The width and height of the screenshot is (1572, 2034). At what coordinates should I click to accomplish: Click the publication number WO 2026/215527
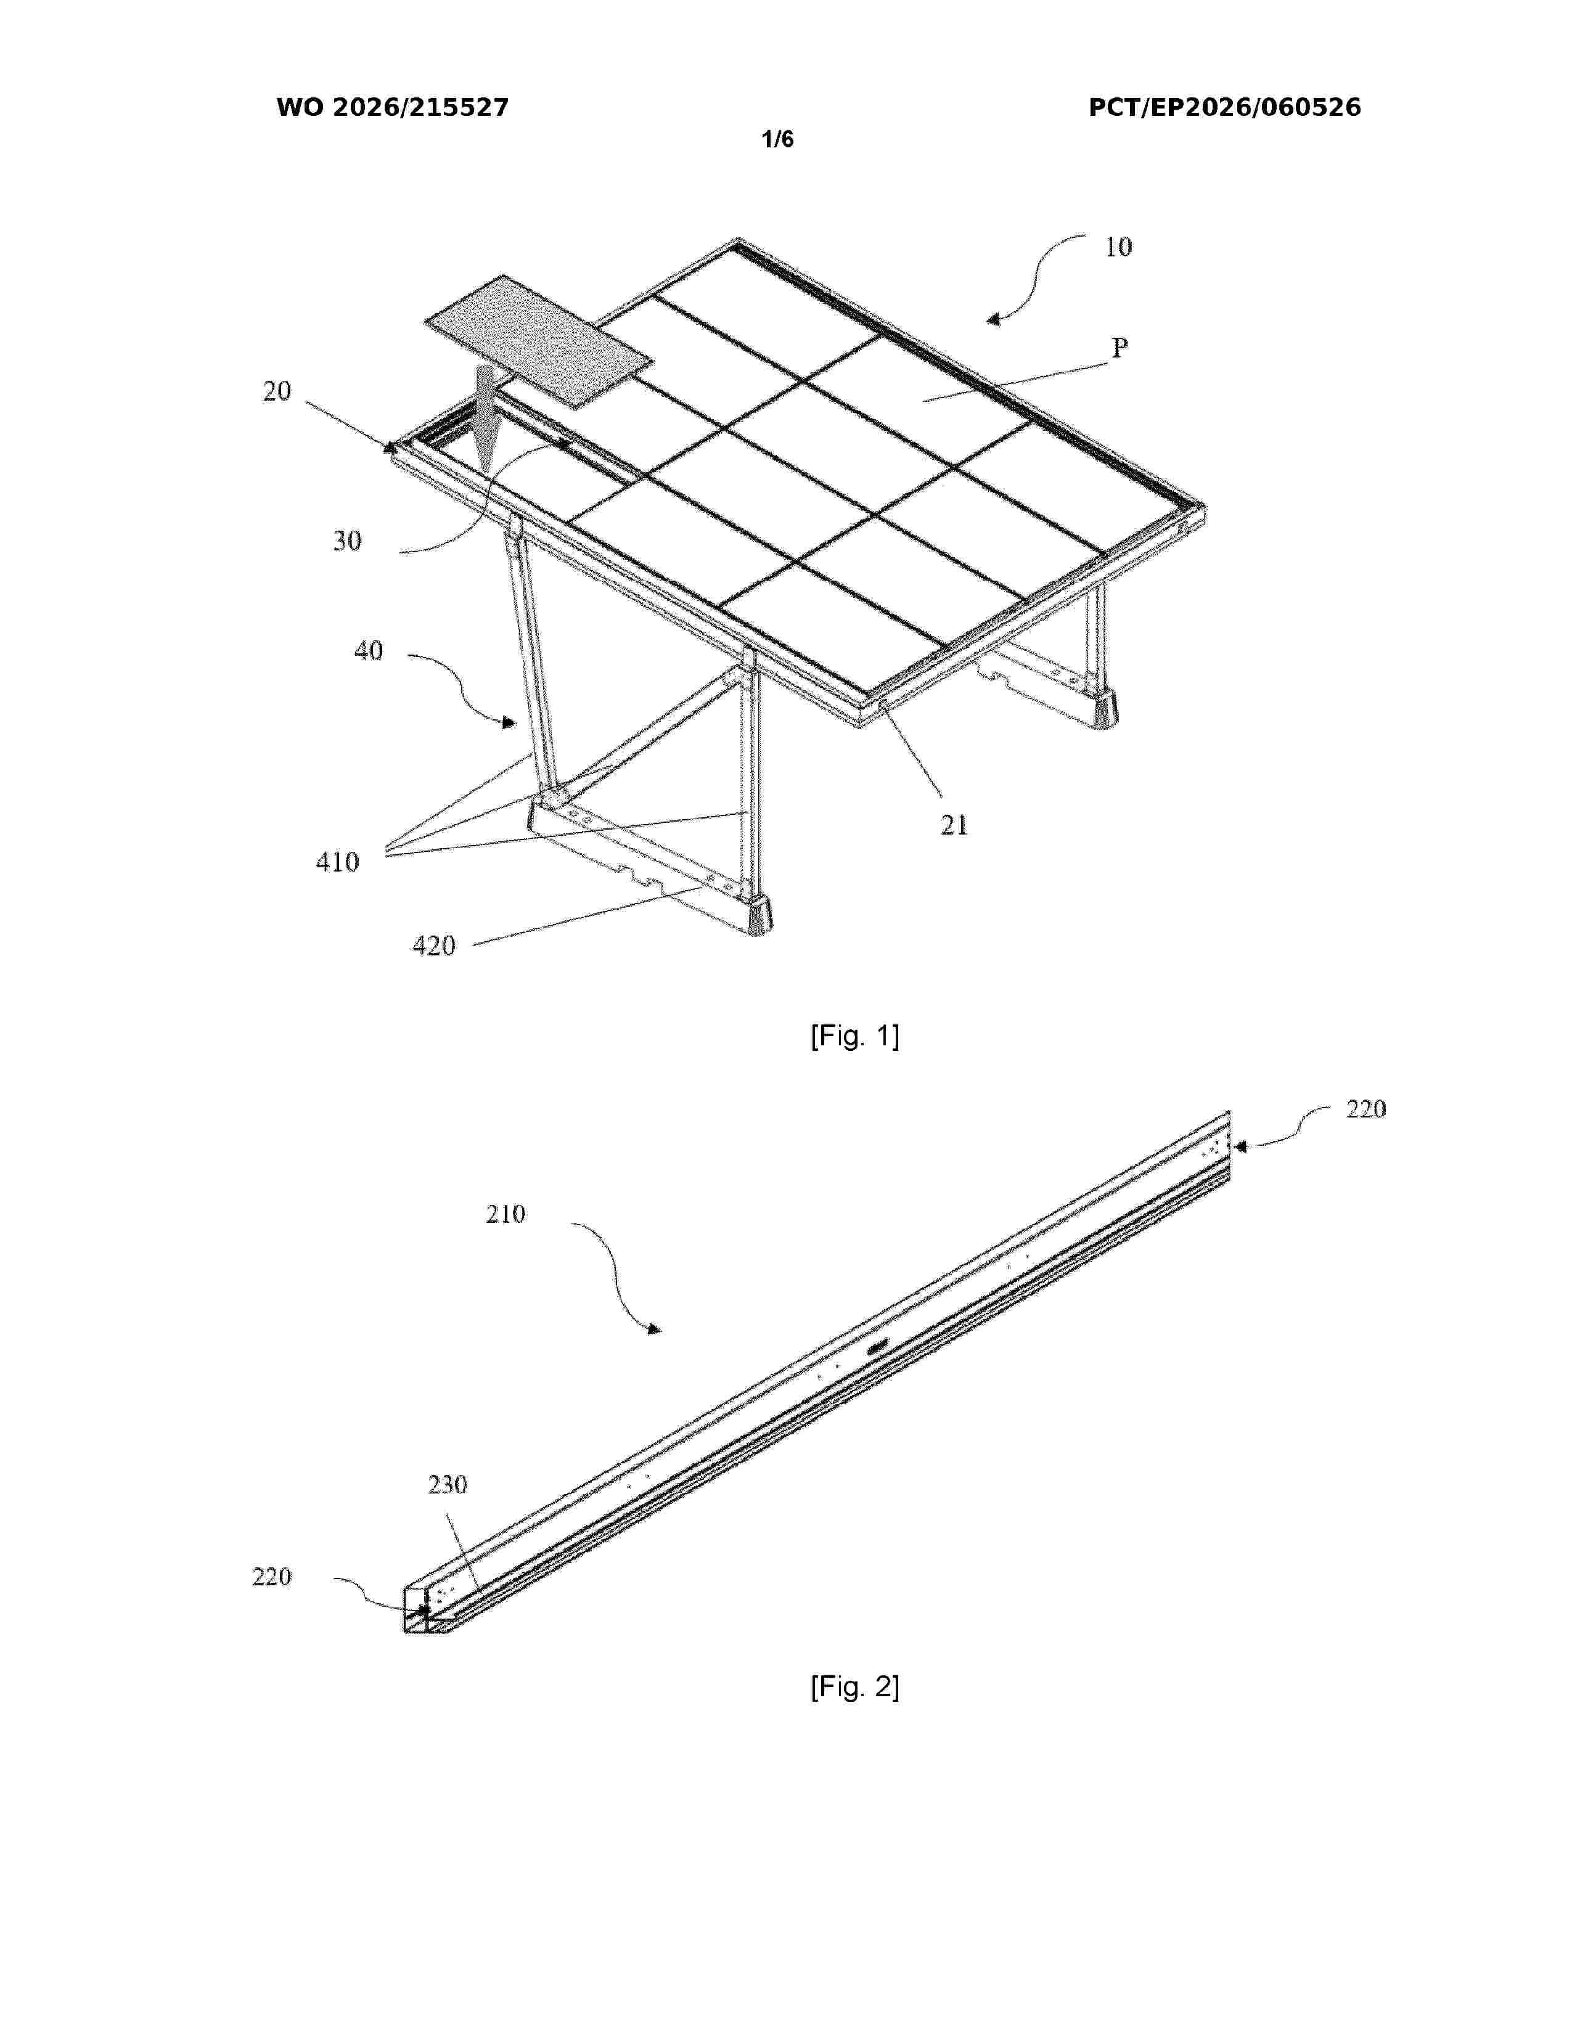tap(392, 108)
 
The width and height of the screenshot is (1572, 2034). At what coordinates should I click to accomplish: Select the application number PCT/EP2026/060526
tap(1225, 108)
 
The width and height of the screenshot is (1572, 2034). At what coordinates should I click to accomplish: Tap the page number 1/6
tap(777, 140)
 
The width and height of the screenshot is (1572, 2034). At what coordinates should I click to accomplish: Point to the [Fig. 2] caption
tap(855, 1686)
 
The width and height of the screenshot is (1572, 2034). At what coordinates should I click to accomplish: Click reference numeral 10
tap(1118, 247)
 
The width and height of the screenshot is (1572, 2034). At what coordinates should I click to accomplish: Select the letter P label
tap(1120, 348)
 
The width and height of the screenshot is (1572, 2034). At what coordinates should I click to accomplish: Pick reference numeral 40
tap(369, 650)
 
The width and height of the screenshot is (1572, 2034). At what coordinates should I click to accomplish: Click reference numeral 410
tap(337, 862)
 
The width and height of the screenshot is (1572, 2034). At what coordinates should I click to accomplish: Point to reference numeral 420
tap(434, 946)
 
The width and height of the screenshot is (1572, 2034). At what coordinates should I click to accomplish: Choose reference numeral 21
tap(954, 825)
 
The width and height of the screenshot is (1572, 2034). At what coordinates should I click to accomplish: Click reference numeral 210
tap(506, 1214)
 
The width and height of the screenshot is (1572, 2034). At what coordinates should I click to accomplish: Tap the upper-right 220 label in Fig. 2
tap(1366, 1108)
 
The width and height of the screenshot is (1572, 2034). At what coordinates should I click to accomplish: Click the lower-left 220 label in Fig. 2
tap(272, 1577)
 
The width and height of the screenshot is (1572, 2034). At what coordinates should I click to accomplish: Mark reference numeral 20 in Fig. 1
tap(277, 391)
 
